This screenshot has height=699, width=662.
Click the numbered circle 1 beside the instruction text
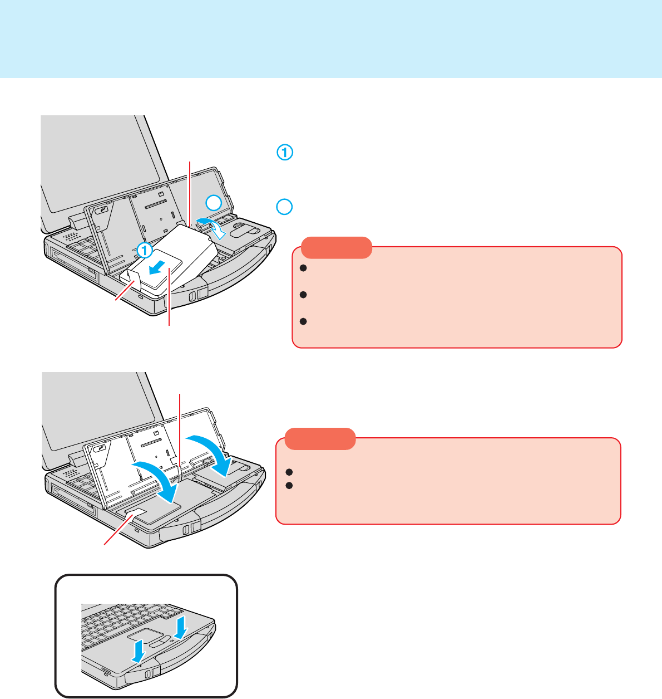[x=285, y=153]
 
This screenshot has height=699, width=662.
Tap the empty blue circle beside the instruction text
[x=284, y=207]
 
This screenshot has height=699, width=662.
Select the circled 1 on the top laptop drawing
[x=145, y=250]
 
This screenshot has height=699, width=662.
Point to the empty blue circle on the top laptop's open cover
[x=214, y=203]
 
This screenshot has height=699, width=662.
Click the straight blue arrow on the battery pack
[x=157, y=267]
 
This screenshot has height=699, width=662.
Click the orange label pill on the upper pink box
[x=337, y=248]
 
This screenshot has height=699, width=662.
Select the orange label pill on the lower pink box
[x=320, y=439]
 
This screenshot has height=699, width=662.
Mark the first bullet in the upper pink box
[x=303, y=268]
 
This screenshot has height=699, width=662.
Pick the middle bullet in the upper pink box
[x=303, y=295]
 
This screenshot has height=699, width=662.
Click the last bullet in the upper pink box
[x=303, y=321]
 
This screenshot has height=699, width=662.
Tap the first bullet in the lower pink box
[x=289, y=472]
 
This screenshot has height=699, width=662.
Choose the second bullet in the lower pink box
[x=289, y=486]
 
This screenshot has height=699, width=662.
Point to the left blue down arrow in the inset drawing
[x=139, y=651]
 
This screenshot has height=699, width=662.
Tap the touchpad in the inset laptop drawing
[x=146, y=636]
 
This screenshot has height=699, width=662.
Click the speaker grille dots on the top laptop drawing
[x=71, y=237]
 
